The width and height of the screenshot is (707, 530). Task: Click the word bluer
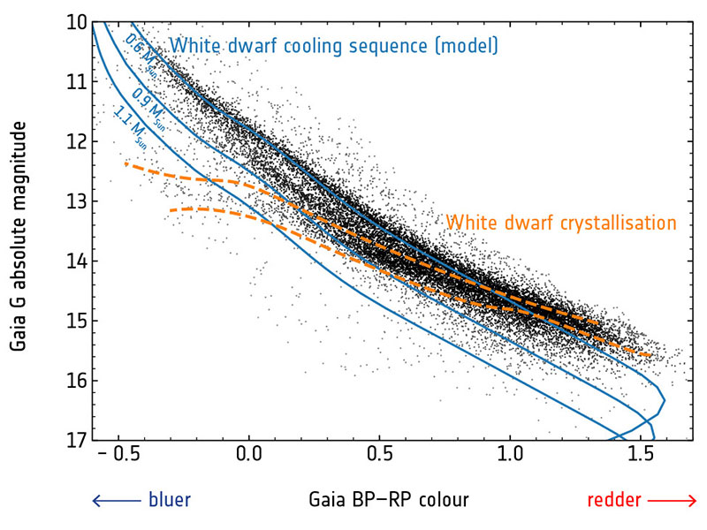(x=169, y=501)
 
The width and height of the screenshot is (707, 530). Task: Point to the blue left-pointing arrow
(x=116, y=501)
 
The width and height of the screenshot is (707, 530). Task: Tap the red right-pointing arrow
(x=673, y=501)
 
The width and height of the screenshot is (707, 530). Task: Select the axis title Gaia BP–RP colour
(x=389, y=501)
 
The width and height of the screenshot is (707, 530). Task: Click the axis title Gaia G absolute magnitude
(x=19, y=238)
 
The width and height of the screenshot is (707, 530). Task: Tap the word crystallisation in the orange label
(x=611, y=223)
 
